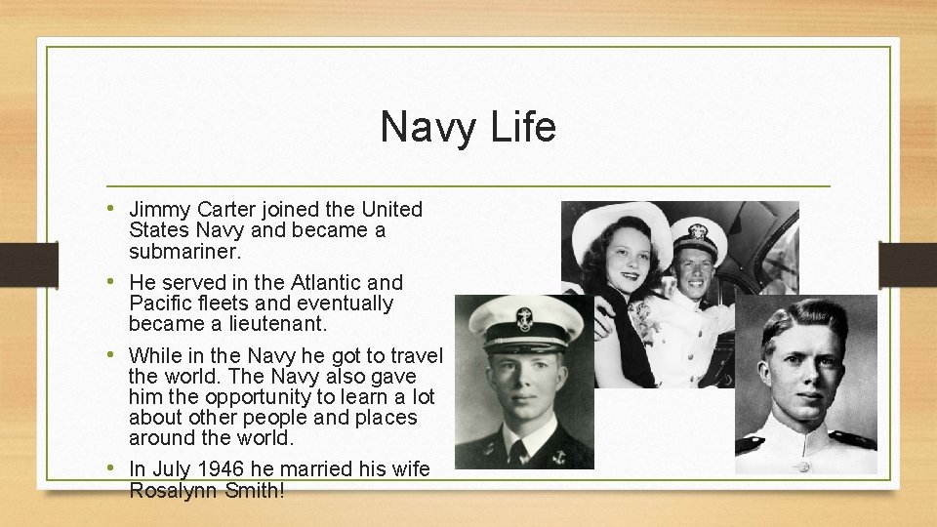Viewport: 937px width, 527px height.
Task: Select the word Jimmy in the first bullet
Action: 160,210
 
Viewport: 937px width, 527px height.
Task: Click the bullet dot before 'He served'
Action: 115,281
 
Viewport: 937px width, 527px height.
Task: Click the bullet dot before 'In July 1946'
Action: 115,466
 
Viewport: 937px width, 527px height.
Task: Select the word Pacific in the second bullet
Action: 160,304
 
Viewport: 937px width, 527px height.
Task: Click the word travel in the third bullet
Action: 415,355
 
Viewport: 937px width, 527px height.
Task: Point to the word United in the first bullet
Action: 391,210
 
